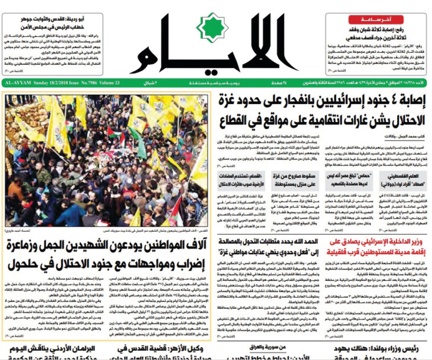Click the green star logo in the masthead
click(x=212, y=35)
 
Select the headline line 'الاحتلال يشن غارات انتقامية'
click(x=322, y=121)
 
